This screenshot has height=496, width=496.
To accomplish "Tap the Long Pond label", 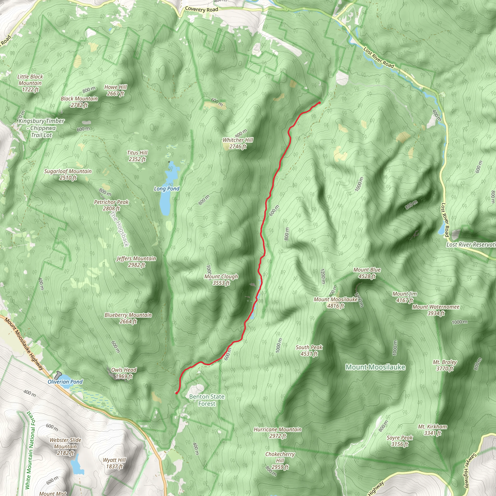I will (x=167, y=189).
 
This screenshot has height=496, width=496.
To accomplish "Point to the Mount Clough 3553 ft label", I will (x=221, y=279).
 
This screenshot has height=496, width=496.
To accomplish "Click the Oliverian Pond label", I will (x=65, y=382).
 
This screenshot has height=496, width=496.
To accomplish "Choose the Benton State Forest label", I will (x=207, y=400).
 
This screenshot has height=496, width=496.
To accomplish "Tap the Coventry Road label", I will (x=201, y=9).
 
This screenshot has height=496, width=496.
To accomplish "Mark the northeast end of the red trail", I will (x=320, y=103).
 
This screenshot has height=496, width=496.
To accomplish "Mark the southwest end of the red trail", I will (x=177, y=393).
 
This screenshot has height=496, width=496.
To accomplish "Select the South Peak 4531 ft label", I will (x=309, y=350).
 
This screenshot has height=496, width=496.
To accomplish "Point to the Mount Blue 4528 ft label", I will (x=367, y=273).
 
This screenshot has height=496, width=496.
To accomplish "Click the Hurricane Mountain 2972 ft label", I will (x=278, y=432).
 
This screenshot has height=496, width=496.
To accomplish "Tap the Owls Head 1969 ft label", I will (x=124, y=373).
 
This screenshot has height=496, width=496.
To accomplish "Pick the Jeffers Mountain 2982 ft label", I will (x=136, y=262).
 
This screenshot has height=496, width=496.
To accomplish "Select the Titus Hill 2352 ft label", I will (x=137, y=156).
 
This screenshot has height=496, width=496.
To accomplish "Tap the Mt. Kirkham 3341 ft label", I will (x=433, y=430).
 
